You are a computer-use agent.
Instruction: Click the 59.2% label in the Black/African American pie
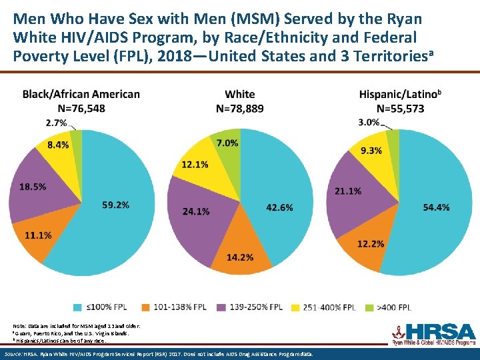coord(115,205)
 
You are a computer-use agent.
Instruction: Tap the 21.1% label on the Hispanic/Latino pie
coord(348,191)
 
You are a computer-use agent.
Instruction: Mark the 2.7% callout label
coord(56,123)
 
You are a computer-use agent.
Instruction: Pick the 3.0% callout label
coord(369,122)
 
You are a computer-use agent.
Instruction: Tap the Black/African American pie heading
coord(81,94)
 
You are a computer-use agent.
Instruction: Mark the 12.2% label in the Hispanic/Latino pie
coord(371,243)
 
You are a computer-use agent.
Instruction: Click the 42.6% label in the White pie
coord(279,208)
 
